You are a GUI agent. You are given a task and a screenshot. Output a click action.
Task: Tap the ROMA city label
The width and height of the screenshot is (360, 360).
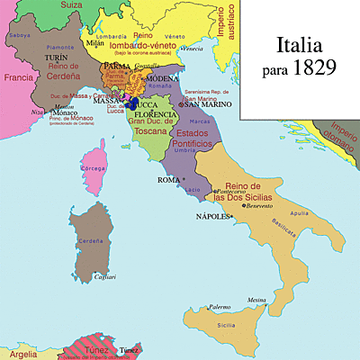(168, 180)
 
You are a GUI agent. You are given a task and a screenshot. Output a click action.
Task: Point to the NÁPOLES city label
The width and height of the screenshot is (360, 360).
(211, 217)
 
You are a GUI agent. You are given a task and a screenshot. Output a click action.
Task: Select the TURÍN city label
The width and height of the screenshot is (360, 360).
(51, 56)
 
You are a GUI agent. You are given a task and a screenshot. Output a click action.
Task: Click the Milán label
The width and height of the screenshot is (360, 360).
(94, 41)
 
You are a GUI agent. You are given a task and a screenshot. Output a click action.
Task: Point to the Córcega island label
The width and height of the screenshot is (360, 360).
(94, 167)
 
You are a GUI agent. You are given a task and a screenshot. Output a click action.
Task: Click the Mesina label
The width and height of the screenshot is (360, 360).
(258, 300)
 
